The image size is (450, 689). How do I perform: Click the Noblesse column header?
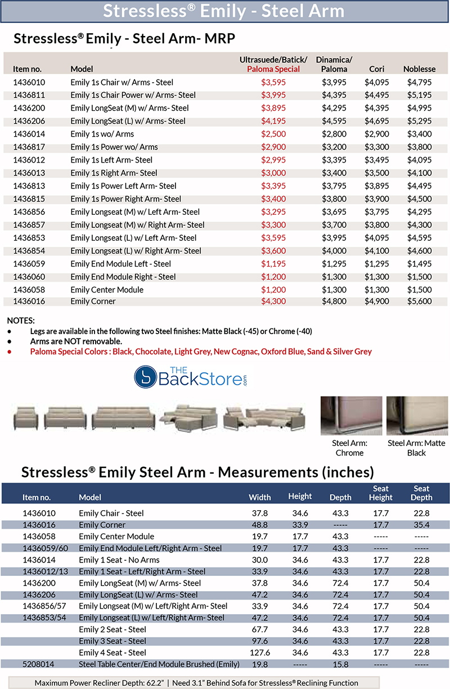pos(419,69)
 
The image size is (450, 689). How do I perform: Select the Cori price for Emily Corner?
pos(376,301)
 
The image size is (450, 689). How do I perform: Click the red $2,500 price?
pos(273,134)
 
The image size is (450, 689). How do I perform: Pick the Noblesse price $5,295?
pos(419,121)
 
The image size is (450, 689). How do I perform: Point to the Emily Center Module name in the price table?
pos(107,290)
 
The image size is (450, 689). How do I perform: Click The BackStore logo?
pos(191,376)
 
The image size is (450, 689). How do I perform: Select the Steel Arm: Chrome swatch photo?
pos(348,416)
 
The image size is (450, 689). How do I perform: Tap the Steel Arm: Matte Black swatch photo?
pos(416,416)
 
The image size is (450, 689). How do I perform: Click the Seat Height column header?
pos(381,493)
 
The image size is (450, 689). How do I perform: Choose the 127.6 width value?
pos(260,652)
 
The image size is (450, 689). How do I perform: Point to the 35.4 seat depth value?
pos(421,525)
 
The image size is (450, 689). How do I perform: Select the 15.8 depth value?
pos(340,664)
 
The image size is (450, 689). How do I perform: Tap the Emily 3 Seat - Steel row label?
pos(112,641)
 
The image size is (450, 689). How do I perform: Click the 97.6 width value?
pos(260,641)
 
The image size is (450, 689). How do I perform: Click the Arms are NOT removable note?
pos(76,341)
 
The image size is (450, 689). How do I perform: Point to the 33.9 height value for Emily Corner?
pos(300,525)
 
